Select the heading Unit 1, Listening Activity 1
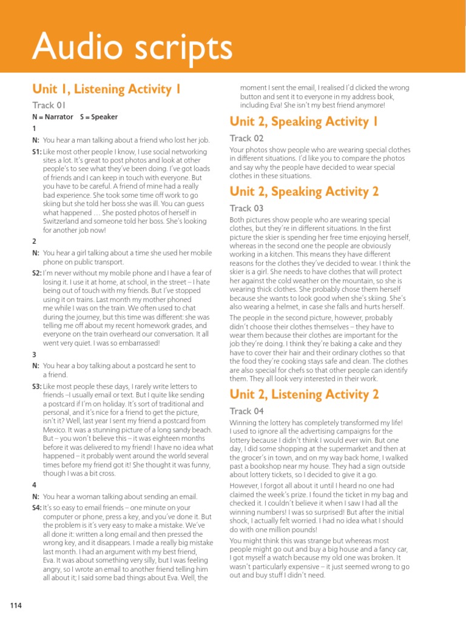pos(106,89)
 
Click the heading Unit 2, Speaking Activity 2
pos(305,192)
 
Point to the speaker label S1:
pos(37,150)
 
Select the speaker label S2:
pos(37,274)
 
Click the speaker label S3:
pos(37,386)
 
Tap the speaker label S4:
pos(37,508)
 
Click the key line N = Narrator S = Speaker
pos(75,116)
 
